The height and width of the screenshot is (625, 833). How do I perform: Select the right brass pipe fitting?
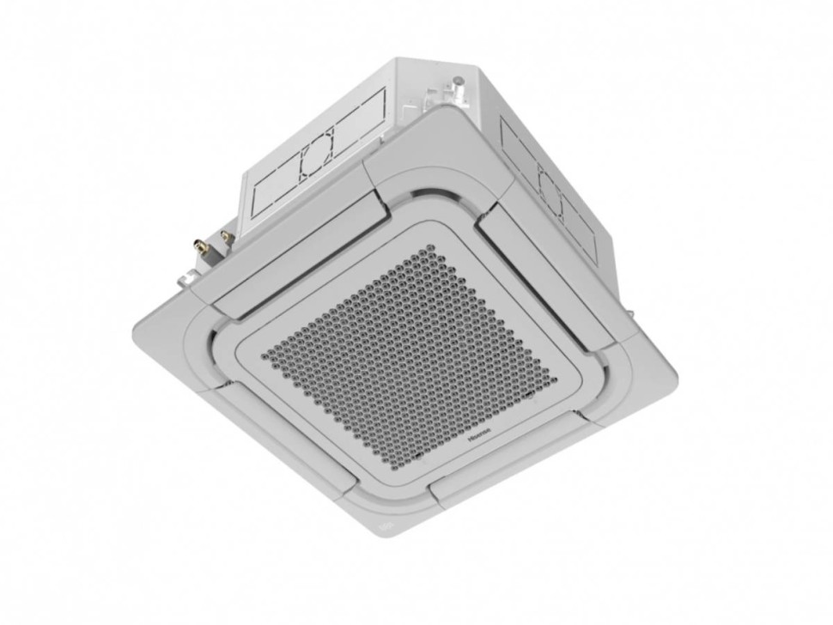coord(227,236)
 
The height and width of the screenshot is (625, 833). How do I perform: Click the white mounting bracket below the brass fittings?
coord(187,278)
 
